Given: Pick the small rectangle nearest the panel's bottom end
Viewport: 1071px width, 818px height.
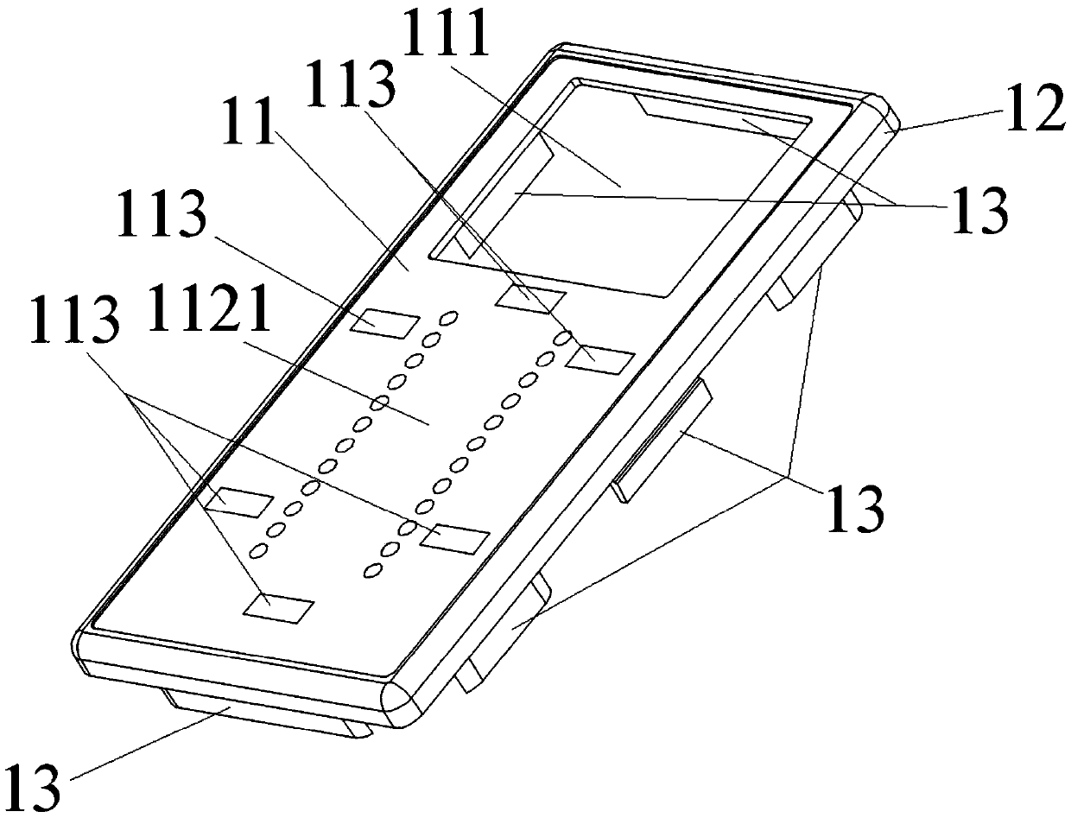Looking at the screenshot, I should click(x=277, y=607).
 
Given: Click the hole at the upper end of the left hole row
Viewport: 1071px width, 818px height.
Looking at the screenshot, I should click(x=447, y=320).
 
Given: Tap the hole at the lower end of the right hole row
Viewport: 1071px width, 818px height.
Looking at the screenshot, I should click(x=373, y=568).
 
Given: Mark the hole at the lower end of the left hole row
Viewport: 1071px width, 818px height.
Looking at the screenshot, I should click(x=257, y=549).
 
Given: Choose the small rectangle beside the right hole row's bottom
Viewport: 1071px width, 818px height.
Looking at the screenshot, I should click(x=455, y=537).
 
